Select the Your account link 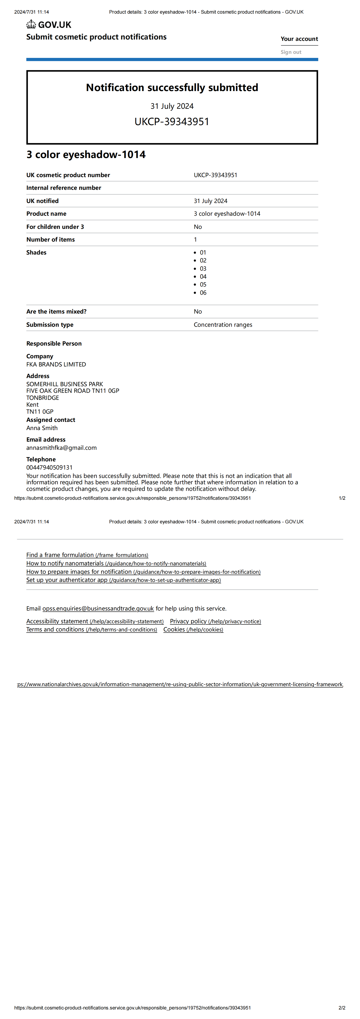[x=299, y=39]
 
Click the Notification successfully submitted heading [x=172, y=87]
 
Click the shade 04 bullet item [x=203, y=277]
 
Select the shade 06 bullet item [x=203, y=293]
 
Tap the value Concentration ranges [x=223, y=325]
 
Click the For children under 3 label [x=55, y=227]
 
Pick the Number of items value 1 [x=195, y=239]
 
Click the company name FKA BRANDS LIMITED [x=56, y=364]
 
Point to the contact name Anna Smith [x=42, y=428]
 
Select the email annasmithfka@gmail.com [x=61, y=448]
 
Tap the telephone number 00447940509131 [x=49, y=467]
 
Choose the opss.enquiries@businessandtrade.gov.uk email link [x=98, y=608]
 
